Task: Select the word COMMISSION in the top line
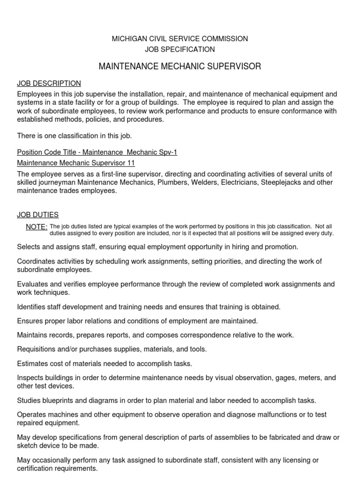[x=225, y=38]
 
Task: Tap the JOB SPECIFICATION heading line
[x=180, y=49]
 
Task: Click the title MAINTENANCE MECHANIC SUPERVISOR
[x=180, y=67]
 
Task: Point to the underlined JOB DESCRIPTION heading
[x=49, y=83]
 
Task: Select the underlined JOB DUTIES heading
[x=37, y=215]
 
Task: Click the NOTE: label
[x=37, y=227]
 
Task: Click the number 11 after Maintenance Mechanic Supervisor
[x=130, y=163]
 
